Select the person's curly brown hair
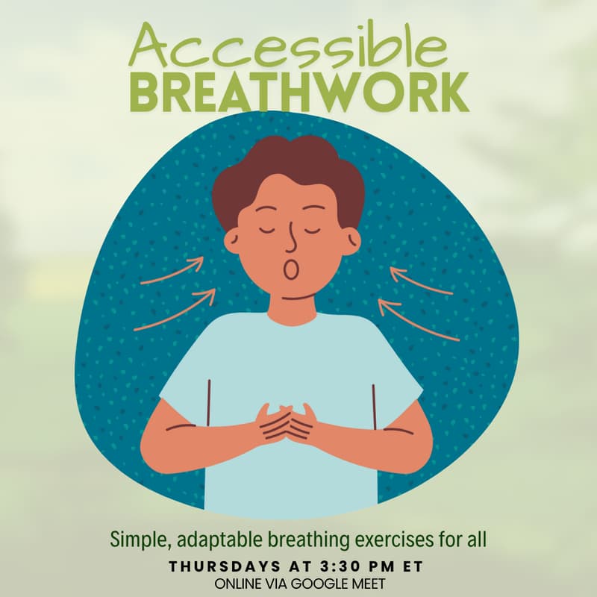287,168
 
